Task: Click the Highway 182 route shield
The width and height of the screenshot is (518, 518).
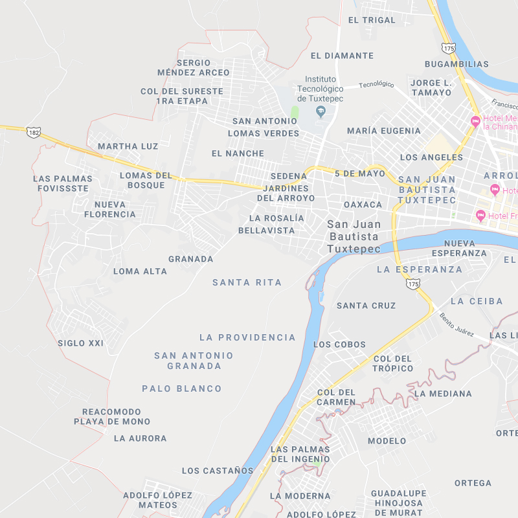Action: pos(34,132)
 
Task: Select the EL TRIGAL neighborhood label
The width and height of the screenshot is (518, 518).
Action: pos(372,20)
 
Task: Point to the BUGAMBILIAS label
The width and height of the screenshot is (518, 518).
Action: pos(456,64)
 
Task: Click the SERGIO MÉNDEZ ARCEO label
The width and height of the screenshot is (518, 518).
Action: pos(194,67)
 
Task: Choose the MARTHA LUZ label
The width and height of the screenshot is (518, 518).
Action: pos(128,146)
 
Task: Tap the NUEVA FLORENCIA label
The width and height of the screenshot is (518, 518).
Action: pos(110,209)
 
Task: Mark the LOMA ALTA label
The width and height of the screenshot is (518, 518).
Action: pos(141,271)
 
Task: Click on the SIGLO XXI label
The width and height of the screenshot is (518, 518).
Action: pos(80,343)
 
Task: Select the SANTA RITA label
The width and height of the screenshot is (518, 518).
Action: pos(247,282)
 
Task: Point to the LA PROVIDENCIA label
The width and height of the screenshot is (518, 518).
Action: pos(247,337)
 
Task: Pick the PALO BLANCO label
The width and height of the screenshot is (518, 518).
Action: pos(182,388)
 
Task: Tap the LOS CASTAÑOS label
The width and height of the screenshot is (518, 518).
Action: pos(218,471)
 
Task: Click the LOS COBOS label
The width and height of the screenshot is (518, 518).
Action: pos(339,344)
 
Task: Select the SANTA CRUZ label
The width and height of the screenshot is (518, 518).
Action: pos(366,306)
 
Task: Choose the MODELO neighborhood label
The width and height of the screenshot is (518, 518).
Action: pos(387,441)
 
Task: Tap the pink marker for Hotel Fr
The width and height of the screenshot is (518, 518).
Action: pos(480,215)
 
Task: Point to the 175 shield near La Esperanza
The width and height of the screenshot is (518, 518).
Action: pos(412,284)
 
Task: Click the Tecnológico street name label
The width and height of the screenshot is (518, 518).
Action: pos(376,84)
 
